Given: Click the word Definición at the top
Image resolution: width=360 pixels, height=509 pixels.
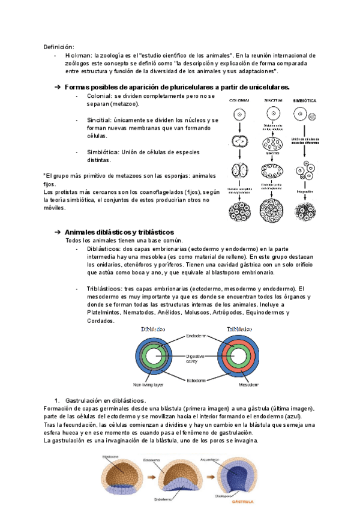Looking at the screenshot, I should [x=58, y=46].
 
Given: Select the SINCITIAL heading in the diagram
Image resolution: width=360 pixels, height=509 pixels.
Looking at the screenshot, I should [x=273, y=100].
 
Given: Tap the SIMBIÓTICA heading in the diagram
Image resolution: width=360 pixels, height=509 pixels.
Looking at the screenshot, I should [x=305, y=100].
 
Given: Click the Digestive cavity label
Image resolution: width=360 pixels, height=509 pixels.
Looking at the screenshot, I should [x=193, y=358].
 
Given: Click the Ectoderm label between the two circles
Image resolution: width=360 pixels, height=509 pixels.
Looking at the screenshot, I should [x=194, y=379].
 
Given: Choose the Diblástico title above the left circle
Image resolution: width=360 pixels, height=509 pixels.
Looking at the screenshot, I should [x=152, y=330].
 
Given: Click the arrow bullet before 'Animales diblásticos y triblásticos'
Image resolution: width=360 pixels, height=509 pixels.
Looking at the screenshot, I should [x=58, y=232].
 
